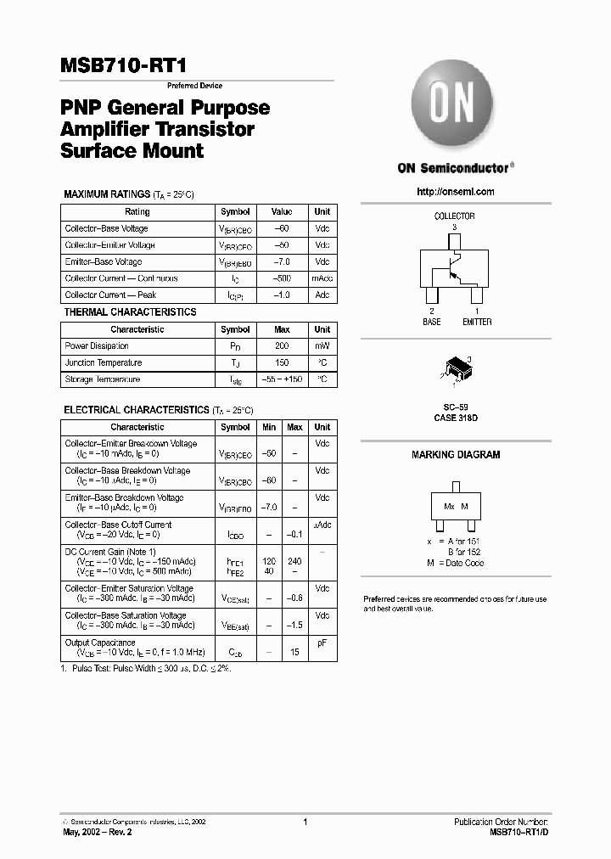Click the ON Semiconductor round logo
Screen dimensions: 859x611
452,107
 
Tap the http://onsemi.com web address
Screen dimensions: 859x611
456,192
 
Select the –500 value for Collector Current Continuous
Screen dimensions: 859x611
282,278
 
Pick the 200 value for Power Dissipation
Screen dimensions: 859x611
282,346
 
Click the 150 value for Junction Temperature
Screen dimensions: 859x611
282,362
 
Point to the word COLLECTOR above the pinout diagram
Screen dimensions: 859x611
454,216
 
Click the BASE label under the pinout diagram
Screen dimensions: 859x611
432,322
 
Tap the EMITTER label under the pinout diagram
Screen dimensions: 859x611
476,322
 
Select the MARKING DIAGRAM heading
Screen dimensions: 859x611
456,455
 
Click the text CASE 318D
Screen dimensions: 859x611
456,418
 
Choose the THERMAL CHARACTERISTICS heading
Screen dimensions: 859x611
130,312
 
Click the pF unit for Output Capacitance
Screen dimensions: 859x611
322,643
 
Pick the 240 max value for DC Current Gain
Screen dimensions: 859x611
294,561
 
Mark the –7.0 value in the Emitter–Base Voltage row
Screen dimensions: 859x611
282,262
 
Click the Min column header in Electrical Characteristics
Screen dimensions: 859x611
269,427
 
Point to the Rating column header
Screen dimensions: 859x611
137,212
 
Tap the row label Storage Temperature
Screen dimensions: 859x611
102,379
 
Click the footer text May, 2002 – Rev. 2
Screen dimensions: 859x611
98,833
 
